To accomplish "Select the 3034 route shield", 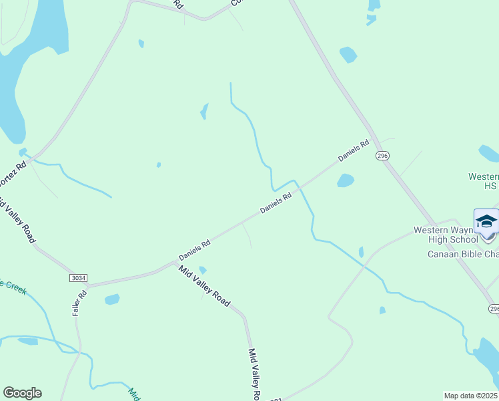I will click(77, 277).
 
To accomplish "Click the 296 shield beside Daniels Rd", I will click(382, 155).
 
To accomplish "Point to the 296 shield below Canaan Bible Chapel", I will click(493, 309).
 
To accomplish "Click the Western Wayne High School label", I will click(446, 235).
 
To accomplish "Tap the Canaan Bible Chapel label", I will click(462, 254).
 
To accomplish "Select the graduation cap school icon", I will click(486, 221).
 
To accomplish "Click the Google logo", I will click(22, 393).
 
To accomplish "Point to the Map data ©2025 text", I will click(470, 396).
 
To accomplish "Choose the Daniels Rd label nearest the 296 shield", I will click(354, 150).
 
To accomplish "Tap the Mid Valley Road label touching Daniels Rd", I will click(203, 285).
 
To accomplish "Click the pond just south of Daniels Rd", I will click(345, 180).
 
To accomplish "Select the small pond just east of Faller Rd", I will click(112, 299).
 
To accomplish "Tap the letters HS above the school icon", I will click(490, 186).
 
